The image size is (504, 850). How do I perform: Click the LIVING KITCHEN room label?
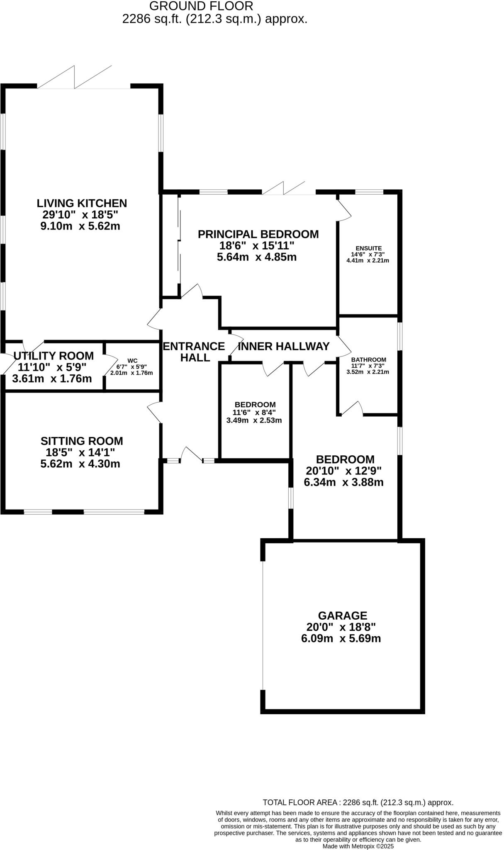pos(82,203)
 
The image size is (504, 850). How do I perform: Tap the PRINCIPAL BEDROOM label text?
pos(258,234)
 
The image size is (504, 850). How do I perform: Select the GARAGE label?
pos(342,616)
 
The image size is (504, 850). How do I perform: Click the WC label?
pos(132,361)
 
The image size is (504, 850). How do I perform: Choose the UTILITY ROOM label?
pos(54,356)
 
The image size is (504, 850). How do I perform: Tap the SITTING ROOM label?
pos(82,441)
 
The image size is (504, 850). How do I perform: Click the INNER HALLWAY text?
pos(284,346)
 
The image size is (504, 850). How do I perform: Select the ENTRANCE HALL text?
pos(194,352)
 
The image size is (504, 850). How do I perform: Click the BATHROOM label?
pos(368,359)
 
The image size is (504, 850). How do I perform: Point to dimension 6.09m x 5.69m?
pos(341,638)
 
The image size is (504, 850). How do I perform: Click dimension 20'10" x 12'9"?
pos(343,471)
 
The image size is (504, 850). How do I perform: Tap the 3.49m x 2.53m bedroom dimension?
pos(254,420)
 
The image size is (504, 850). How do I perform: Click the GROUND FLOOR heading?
pos(201,6)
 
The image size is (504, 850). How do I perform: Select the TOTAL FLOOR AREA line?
pos(358,803)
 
